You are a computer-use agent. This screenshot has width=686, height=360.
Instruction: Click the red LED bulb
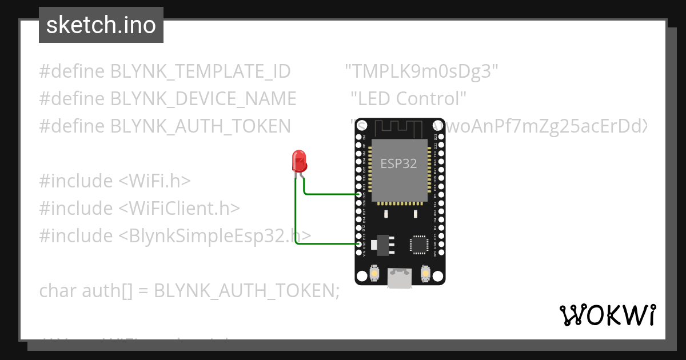click(x=299, y=161)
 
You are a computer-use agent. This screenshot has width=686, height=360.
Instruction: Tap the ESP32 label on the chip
click(x=398, y=163)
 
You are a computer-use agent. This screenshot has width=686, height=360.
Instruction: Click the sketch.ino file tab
click(x=101, y=25)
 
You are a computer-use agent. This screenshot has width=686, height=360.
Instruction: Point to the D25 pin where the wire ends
click(x=359, y=195)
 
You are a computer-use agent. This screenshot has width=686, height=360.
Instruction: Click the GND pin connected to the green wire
click(x=359, y=245)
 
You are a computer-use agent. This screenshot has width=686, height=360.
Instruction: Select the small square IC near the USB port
click(x=418, y=244)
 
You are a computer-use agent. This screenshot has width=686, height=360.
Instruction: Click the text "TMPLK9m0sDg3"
click(x=422, y=72)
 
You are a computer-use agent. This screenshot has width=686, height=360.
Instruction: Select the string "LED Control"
click(x=409, y=99)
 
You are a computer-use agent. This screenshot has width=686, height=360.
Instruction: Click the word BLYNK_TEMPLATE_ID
click(x=200, y=72)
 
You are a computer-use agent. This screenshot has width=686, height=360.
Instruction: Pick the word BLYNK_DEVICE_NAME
click(x=203, y=99)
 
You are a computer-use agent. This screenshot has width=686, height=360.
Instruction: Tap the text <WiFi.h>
click(x=154, y=181)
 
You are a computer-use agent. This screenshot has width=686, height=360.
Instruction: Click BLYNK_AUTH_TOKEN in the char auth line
click(x=243, y=291)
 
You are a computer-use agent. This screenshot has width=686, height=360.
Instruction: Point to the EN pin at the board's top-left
click(x=359, y=137)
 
